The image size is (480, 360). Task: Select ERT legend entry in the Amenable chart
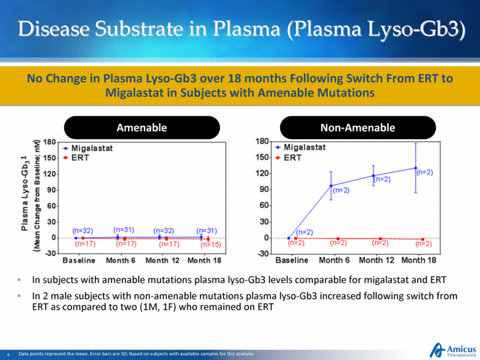pyautogui.click(x=79, y=157)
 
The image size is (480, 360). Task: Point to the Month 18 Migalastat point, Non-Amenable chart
pyautogui.click(x=416, y=168)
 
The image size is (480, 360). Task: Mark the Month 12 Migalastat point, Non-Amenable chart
pyautogui.click(x=373, y=176)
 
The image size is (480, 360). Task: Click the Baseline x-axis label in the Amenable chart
pyautogui.click(x=78, y=260)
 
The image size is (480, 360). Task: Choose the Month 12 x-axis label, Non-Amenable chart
pyautogui.click(x=375, y=260)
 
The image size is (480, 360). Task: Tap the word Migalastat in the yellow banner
pyautogui.click(x=132, y=93)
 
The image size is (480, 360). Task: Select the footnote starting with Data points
pyautogui.click(x=136, y=354)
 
